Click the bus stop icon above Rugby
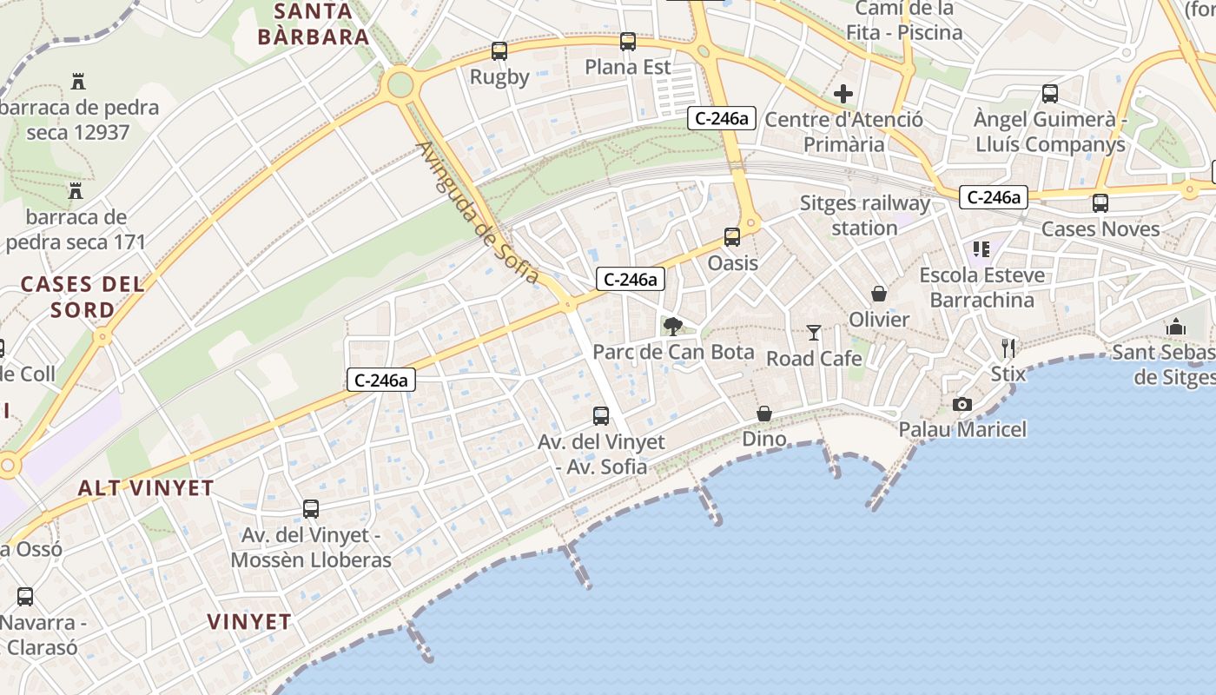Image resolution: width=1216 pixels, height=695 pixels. (x=499, y=51)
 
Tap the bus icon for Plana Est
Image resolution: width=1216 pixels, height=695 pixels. (x=627, y=42)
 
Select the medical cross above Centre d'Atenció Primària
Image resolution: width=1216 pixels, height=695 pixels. (x=843, y=94)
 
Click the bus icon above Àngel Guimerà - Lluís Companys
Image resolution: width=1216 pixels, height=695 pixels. (x=1049, y=94)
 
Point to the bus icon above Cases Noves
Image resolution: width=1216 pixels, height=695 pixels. (x=1100, y=203)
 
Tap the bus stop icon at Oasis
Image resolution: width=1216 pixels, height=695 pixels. (x=732, y=237)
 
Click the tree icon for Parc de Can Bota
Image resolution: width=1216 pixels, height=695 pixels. (x=672, y=327)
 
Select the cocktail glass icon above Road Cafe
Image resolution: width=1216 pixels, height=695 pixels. (x=814, y=332)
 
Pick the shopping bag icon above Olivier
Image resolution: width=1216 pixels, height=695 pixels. (x=879, y=294)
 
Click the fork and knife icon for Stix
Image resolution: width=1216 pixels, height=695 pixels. (x=1008, y=348)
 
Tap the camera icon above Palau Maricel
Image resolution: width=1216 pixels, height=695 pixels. (x=962, y=404)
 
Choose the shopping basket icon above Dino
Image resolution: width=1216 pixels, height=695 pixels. (x=764, y=414)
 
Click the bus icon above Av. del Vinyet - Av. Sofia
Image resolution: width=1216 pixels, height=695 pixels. (x=601, y=416)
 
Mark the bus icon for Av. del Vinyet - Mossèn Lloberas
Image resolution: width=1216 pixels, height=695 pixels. (x=310, y=509)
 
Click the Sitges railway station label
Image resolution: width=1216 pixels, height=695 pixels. (x=864, y=215)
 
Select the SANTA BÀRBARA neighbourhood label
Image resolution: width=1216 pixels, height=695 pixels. (x=314, y=24)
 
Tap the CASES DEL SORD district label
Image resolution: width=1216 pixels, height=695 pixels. (x=83, y=296)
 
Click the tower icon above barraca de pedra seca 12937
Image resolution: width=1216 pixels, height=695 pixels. (x=78, y=83)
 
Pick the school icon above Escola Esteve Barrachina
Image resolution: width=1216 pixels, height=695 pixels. (x=981, y=250)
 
